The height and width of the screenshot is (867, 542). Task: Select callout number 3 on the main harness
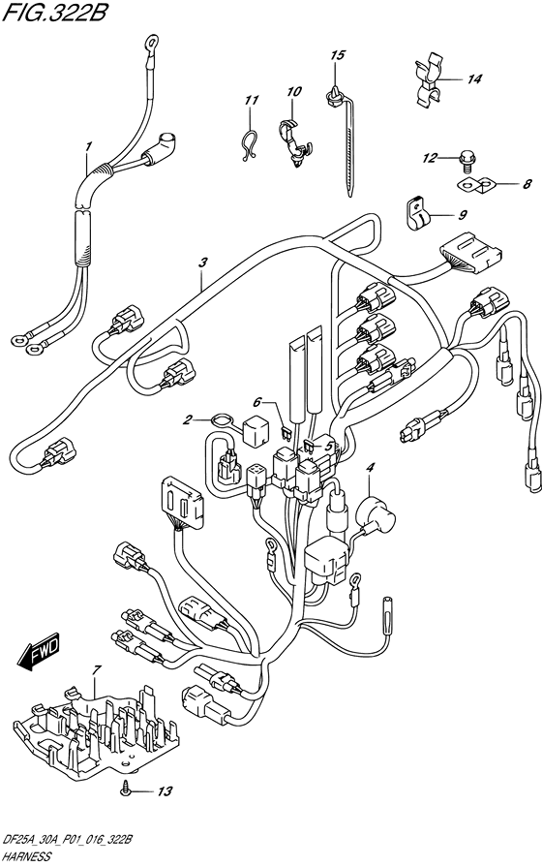click(x=203, y=263)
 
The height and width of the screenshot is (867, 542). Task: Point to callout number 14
click(x=473, y=79)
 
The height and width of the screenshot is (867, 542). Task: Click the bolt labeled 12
click(x=465, y=161)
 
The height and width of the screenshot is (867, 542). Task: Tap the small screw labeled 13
click(x=128, y=791)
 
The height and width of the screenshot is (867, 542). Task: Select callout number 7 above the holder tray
click(x=97, y=670)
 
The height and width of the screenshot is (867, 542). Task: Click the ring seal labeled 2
click(x=221, y=421)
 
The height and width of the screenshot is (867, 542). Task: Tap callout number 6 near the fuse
click(x=257, y=402)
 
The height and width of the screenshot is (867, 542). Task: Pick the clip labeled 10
click(x=294, y=141)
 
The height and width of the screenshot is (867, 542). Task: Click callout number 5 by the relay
click(x=328, y=445)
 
